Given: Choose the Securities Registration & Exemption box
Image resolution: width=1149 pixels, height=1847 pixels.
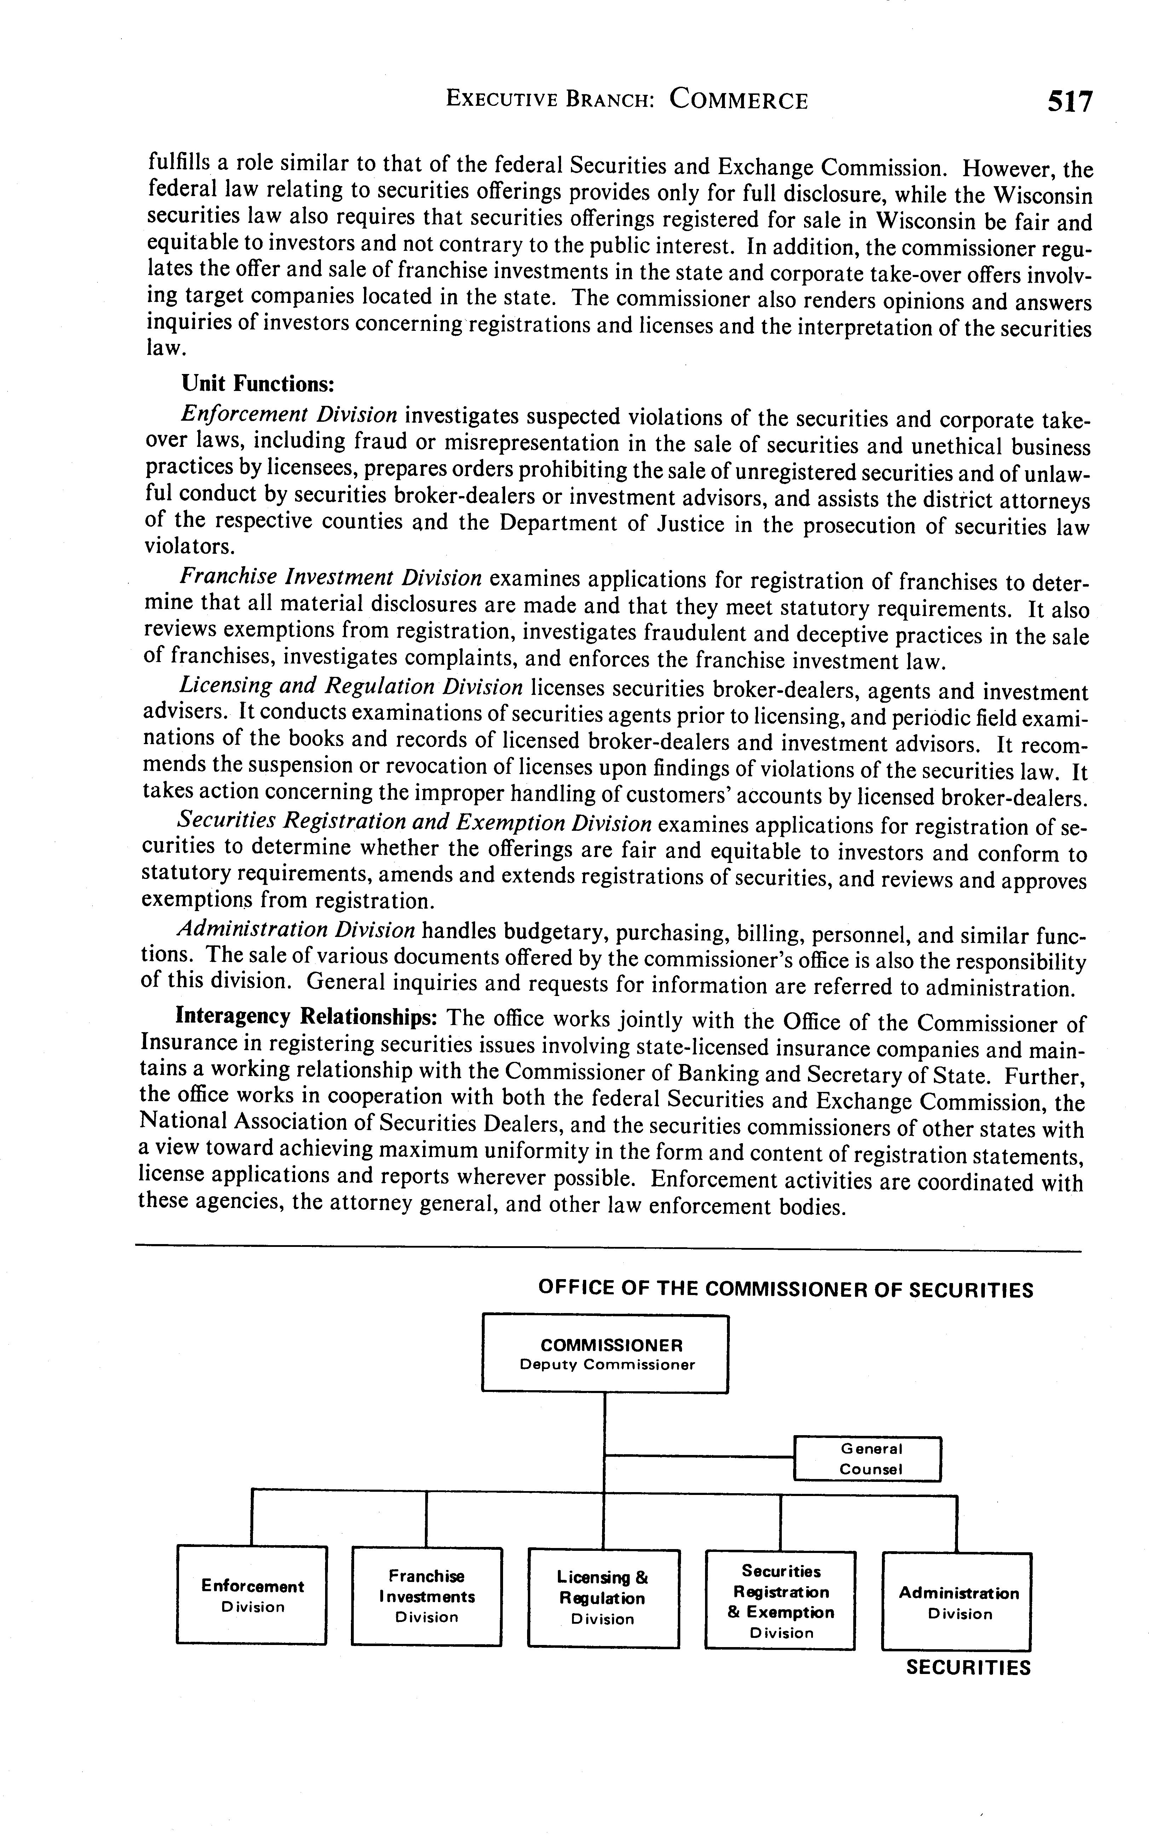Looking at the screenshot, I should (x=780, y=1600).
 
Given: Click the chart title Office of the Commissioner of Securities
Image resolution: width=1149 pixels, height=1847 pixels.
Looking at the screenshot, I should (x=785, y=1290).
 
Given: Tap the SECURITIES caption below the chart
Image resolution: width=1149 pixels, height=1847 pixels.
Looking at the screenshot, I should (x=968, y=1668).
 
